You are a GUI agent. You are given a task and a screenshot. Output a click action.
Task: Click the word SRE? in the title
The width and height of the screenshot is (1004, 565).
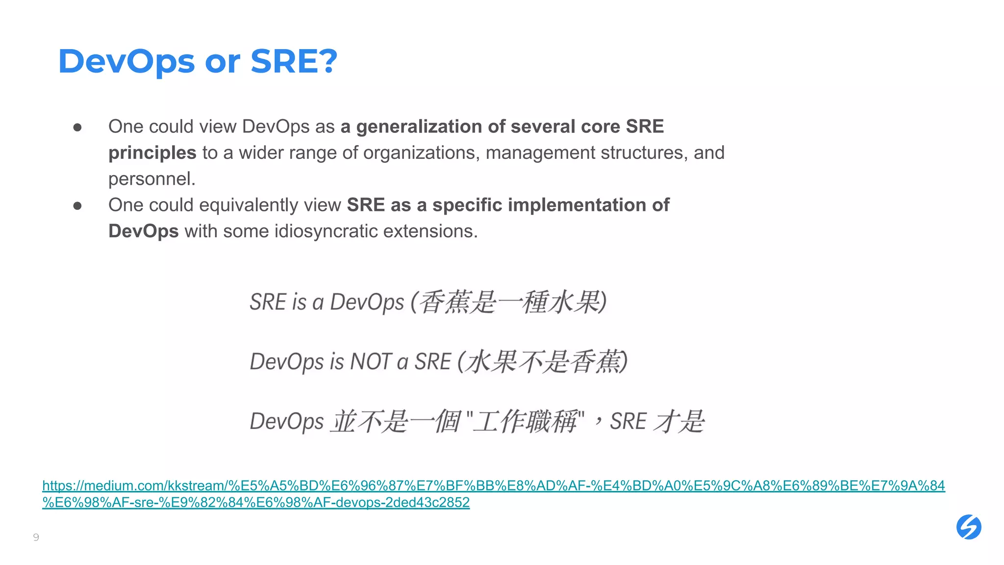coord(294,62)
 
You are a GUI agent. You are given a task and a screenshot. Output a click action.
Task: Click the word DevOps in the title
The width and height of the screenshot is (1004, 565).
coord(126,62)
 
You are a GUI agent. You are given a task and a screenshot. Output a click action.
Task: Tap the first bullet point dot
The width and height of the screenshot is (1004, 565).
coord(77,128)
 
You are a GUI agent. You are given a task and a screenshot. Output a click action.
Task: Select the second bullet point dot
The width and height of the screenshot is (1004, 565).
coord(77,206)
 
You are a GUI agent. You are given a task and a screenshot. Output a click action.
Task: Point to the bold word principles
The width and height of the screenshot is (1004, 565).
coord(152,153)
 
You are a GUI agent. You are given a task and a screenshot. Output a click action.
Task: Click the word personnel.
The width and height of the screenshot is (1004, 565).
coord(151,179)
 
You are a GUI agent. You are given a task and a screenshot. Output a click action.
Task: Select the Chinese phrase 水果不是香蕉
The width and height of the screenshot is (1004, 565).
coord(543,362)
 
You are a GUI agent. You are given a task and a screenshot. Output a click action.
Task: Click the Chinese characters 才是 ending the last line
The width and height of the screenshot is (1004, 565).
coord(679,421)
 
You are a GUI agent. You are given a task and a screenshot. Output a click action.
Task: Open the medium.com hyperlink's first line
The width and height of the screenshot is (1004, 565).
coord(493,486)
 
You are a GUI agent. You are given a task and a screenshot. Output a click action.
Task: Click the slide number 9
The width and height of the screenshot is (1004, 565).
coord(36,537)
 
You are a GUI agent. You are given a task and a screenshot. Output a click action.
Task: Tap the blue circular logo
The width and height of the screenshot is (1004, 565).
coord(969,527)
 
